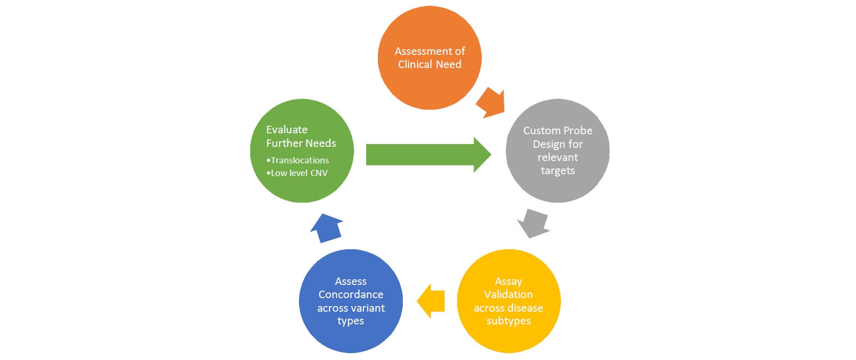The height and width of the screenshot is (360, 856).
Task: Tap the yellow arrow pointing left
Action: click(x=432, y=301)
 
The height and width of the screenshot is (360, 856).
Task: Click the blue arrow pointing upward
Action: click(x=327, y=228)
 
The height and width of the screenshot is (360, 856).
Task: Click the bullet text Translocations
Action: click(x=299, y=160)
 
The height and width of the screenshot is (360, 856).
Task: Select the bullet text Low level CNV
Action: click(x=299, y=173)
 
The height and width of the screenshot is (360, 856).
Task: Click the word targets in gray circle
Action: click(x=558, y=171)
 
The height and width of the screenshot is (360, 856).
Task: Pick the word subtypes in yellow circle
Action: click(x=508, y=321)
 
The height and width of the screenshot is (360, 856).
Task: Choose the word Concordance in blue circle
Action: click(x=351, y=295)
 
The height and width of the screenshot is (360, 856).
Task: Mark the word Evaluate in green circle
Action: click(x=287, y=130)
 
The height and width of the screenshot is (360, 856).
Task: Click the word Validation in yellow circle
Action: click(x=508, y=295)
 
